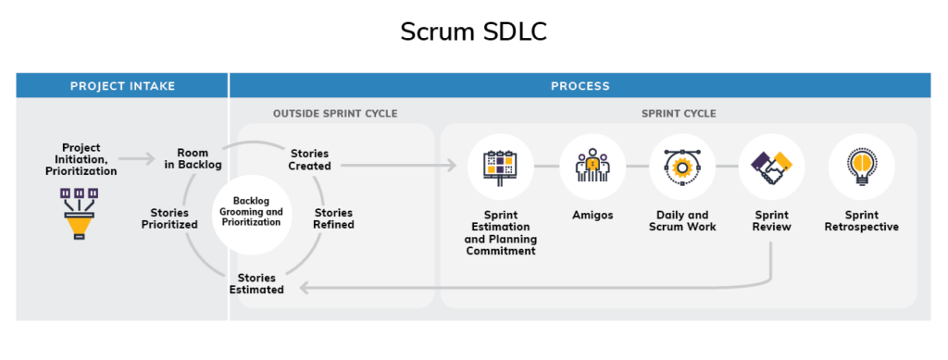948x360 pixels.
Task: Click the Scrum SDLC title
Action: [x=473, y=32]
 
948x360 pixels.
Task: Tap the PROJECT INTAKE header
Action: [x=123, y=86]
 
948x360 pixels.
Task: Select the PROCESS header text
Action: [x=580, y=86]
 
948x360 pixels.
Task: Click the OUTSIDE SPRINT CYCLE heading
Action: [x=335, y=114]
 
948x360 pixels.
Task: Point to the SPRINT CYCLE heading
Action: [x=679, y=114]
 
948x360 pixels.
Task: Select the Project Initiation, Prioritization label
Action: [x=81, y=159]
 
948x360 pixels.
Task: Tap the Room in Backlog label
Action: [x=193, y=159]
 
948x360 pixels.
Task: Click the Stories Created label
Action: [x=309, y=159]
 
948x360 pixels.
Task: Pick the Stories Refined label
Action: [x=333, y=218]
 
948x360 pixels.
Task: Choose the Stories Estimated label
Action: [x=256, y=284]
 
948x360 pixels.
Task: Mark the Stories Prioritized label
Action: [x=170, y=218]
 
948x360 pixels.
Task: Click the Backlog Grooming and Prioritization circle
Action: [x=252, y=214]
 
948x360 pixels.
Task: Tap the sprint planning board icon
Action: [x=501, y=166]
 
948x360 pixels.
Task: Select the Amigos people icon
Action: [x=592, y=166]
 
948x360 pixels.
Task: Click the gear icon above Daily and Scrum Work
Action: [x=682, y=167]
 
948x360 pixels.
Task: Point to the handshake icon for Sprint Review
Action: [x=771, y=167]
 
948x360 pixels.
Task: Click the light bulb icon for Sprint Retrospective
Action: [x=862, y=166]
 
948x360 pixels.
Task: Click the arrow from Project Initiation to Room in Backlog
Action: [x=137, y=159]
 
